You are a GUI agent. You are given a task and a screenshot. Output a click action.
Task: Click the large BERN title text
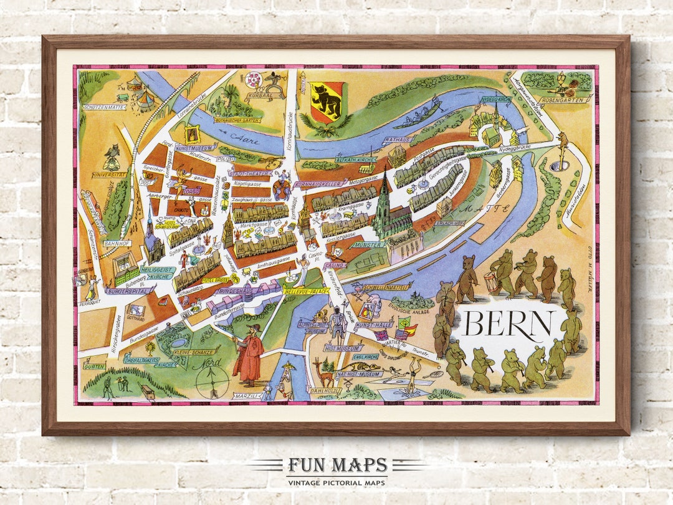click(508, 324)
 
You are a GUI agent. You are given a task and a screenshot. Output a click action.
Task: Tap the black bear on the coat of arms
click(326, 101)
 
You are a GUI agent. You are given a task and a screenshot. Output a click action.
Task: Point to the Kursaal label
click(259, 97)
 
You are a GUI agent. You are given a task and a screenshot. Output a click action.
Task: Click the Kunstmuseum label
click(194, 148)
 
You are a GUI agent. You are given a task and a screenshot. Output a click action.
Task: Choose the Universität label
click(109, 175)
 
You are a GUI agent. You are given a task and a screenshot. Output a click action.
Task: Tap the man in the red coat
click(248, 355)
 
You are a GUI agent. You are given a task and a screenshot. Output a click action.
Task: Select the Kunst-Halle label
click(374, 325)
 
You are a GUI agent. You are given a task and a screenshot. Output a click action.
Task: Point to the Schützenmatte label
click(103, 107)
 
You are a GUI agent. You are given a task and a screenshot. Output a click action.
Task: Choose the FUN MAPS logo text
click(336, 466)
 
